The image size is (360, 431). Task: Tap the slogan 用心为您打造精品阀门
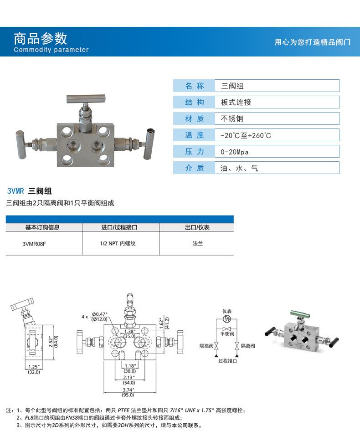click(x=312, y=42)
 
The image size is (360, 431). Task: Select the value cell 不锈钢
click(x=232, y=118)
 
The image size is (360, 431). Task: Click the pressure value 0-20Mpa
click(x=234, y=152)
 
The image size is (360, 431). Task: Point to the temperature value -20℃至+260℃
click(x=245, y=135)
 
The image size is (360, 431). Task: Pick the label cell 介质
click(x=194, y=168)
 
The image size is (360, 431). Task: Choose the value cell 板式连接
click(x=236, y=102)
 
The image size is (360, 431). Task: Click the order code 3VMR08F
click(x=34, y=243)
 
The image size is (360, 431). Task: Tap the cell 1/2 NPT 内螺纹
click(x=118, y=243)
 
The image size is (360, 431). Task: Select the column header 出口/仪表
click(x=197, y=227)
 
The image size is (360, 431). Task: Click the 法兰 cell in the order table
click(x=197, y=243)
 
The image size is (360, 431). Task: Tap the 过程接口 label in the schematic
click(x=227, y=360)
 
